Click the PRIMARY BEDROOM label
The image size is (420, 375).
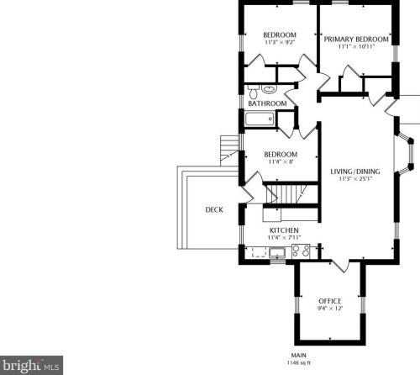(x=357, y=39)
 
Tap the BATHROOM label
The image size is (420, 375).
(x=267, y=103)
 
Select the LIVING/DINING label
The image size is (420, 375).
(x=355, y=172)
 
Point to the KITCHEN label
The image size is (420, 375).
(x=283, y=230)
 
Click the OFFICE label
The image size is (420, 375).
(x=328, y=300)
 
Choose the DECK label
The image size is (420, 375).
(x=214, y=210)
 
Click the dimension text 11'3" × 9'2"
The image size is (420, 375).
(x=278, y=42)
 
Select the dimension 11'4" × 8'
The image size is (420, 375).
(x=280, y=162)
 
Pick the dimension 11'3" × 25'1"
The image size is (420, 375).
(x=355, y=179)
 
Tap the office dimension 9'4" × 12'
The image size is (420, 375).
(x=328, y=308)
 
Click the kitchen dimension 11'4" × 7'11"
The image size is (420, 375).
(x=283, y=237)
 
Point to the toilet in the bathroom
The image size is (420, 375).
(x=269, y=88)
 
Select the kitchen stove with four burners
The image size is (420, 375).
(x=301, y=250)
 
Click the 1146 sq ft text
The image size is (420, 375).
(x=299, y=362)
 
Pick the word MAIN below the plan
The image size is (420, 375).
(x=299, y=355)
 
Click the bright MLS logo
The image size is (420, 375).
(x=32, y=366)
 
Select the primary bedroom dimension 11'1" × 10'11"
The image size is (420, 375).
(x=357, y=46)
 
